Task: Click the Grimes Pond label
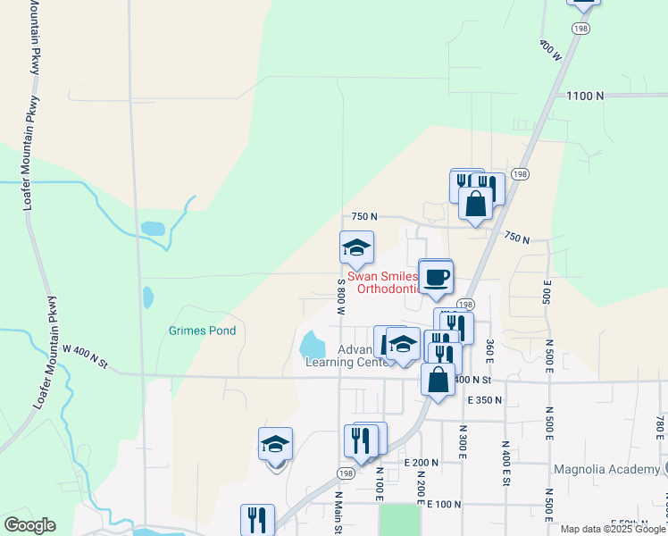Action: click(x=203, y=331)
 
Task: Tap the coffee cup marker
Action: click(x=436, y=277)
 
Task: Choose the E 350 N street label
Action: click(x=486, y=400)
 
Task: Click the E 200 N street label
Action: click(x=421, y=463)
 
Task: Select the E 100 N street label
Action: click(x=443, y=505)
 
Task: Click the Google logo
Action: click(x=29, y=525)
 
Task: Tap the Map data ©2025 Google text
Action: click(x=613, y=529)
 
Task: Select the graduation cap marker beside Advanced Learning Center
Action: click(x=403, y=345)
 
